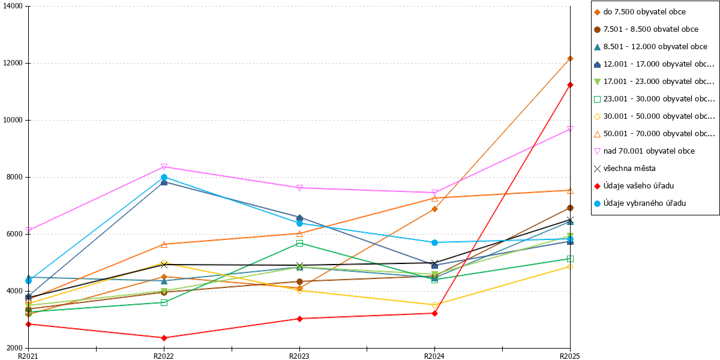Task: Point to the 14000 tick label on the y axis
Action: pos(13,6)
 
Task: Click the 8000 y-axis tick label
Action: pos(15,177)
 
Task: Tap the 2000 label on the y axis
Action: pos(15,348)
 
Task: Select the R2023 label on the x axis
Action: pos(299,356)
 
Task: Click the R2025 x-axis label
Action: pos(570,356)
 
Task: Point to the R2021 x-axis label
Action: pos(28,356)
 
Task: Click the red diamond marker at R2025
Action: pos(570,85)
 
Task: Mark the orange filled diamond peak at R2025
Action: pos(570,59)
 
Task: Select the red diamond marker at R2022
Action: pos(164,338)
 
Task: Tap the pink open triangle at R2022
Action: pos(164,167)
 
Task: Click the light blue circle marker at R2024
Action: pos(434,242)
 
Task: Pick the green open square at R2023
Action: pos(299,244)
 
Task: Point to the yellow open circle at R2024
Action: pos(434,305)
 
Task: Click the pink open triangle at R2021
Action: pos(29,230)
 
